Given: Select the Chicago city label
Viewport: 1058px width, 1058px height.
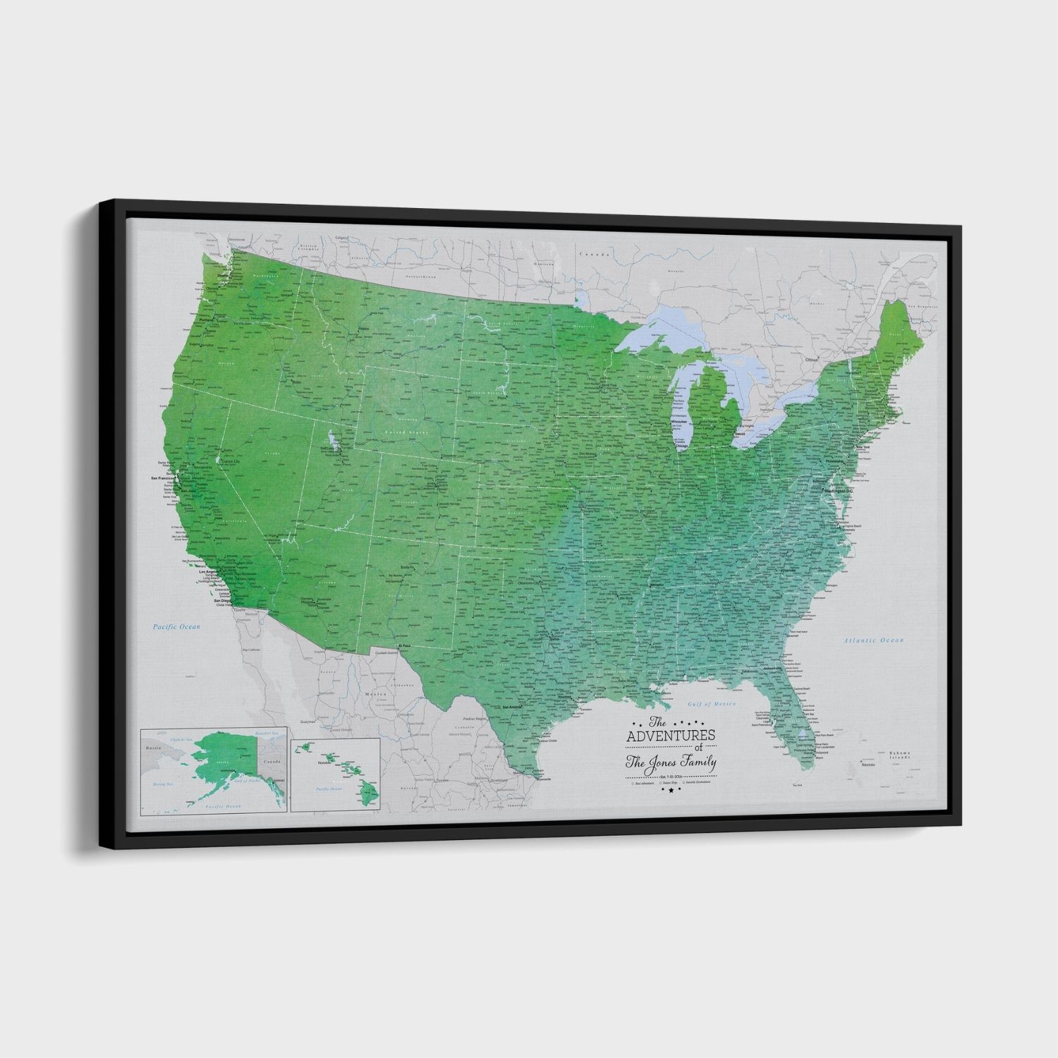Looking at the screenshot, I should pos(681,446).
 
